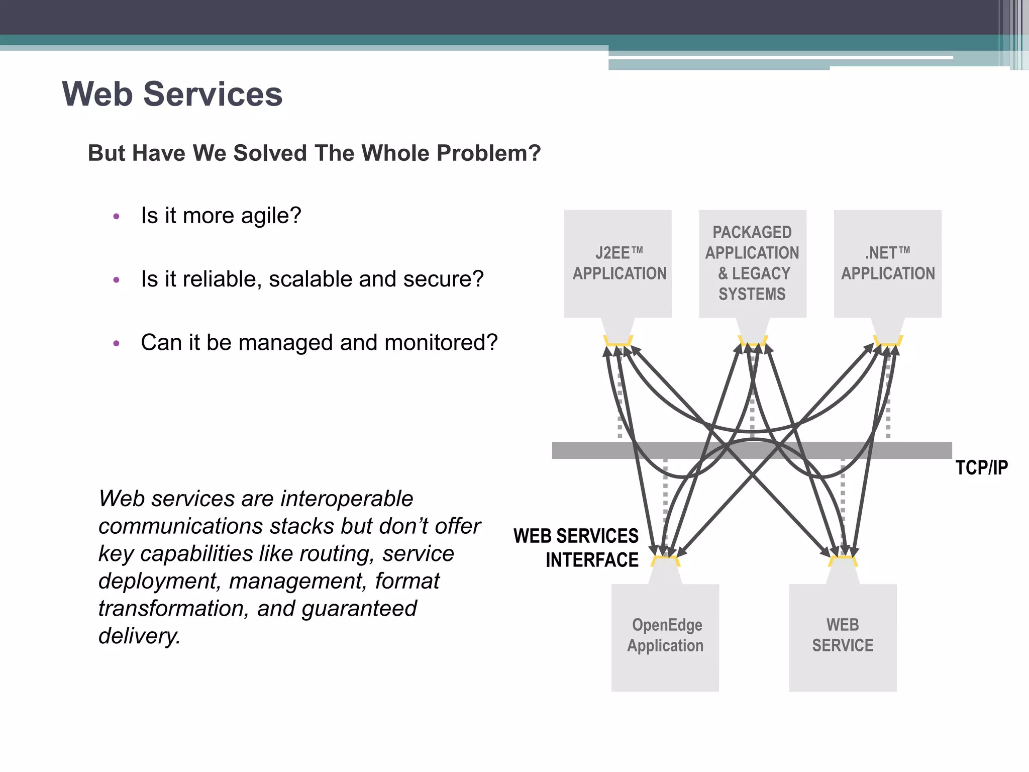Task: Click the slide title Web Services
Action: click(172, 94)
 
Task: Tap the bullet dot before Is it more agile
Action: click(117, 217)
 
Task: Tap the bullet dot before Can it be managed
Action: click(117, 344)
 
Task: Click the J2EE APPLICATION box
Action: click(618, 263)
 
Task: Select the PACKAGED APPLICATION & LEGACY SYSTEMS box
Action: click(752, 263)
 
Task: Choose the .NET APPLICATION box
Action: click(887, 263)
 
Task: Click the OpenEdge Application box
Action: click(665, 636)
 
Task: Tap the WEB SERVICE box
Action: click(843, 636)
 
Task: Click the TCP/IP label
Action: click(981, 468)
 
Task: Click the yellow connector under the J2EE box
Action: click(618, 341)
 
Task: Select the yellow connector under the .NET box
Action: click(888, 341)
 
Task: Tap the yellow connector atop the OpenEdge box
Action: click(665, 560)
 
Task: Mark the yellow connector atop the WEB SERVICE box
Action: click(843, 560)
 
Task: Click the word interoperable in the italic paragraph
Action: click(347, 499)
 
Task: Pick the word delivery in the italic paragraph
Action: click(139, 636)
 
